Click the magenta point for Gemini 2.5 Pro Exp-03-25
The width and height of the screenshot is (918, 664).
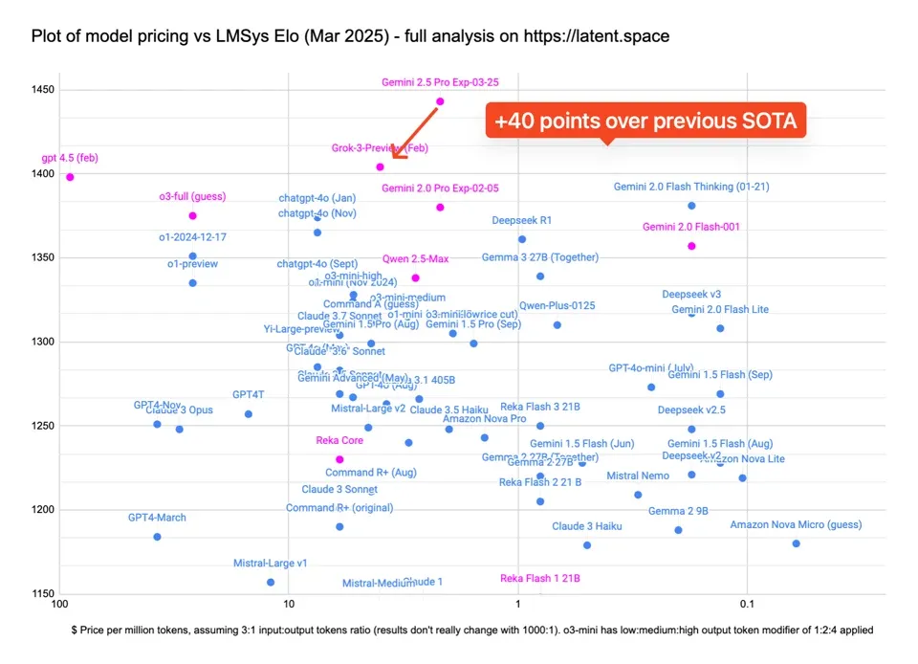point(440,101)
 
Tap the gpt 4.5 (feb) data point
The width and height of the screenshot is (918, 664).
point(70,177)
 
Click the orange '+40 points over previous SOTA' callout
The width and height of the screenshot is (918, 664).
point(645,122)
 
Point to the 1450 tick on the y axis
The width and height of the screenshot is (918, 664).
point(41,90)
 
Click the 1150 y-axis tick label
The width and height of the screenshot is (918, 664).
point(41,594)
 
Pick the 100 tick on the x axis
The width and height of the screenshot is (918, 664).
point(60,604)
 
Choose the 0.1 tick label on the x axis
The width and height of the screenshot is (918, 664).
point(747,604)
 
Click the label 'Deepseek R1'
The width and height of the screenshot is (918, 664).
point(522,220)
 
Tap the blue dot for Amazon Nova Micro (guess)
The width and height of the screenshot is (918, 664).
point(796,543)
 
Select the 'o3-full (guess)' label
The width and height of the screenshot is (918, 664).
point(192,196)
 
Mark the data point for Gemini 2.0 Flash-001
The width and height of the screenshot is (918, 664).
point(691,246)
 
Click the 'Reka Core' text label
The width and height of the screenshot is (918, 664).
point(339,441)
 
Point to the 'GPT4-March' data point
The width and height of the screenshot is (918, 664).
point(157,537)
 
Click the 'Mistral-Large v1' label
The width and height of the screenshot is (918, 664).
point(271,564)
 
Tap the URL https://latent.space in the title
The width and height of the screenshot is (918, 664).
point(596,36)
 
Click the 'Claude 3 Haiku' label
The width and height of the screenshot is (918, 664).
point(586,526)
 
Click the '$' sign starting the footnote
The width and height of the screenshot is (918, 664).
point(75,631)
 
